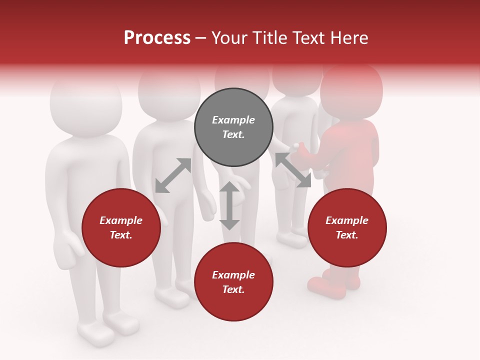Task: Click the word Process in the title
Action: (157, 38)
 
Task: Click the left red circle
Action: (121, 227)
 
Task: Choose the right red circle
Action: (347, 227)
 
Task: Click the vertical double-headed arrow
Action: (229, 205)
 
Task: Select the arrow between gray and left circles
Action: (173, 175)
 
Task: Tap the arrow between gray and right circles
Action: (293, 170)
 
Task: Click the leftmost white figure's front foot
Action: (95, 333)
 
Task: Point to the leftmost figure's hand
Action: (68, 244)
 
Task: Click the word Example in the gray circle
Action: (233, 120)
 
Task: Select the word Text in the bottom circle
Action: (232, 289)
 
